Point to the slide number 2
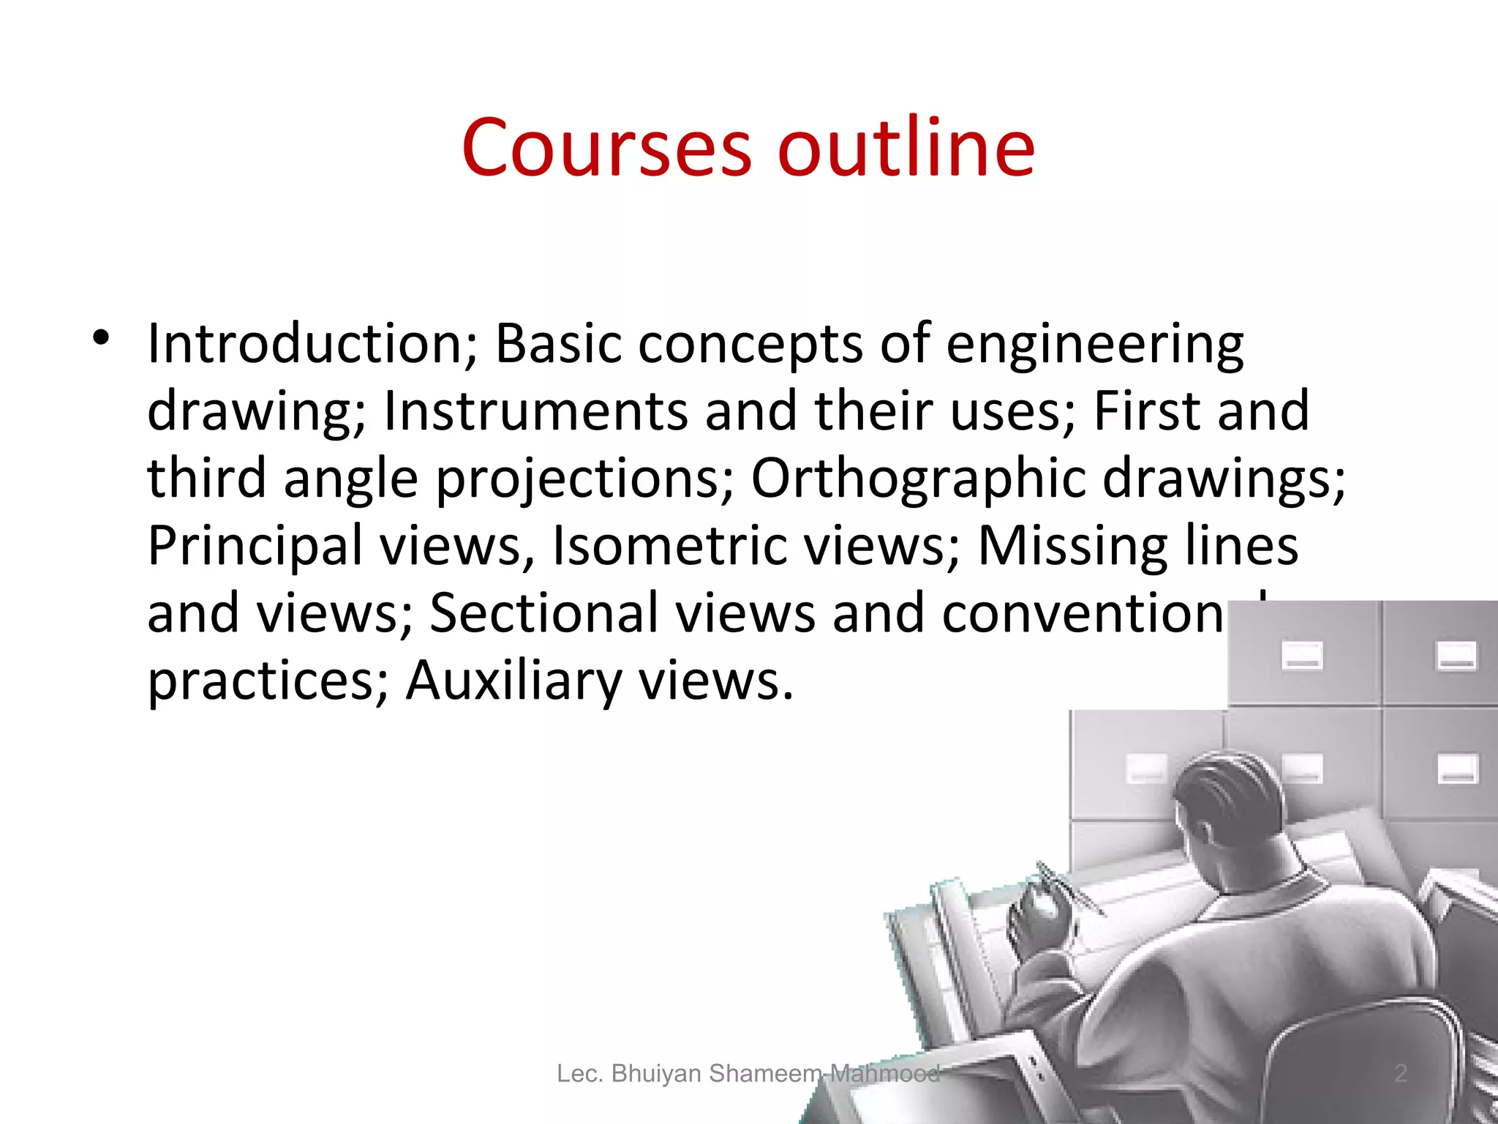(1400, 1074)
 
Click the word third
(207, 479)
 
